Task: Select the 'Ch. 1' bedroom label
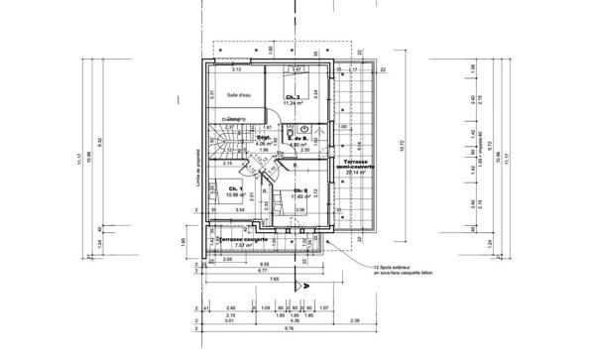(235, 188)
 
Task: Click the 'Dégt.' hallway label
(264, 138)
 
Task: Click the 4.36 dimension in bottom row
(295, 321)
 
